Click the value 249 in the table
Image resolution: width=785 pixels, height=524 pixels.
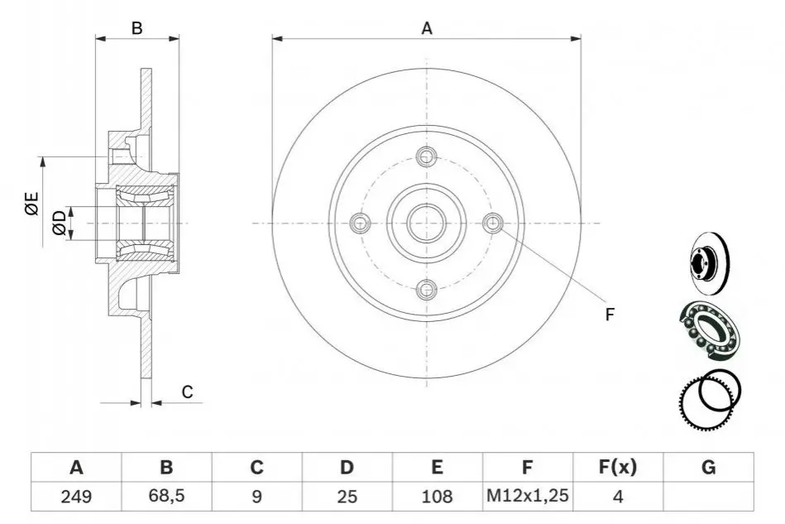[76, 497]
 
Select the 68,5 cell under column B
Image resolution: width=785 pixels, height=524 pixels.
[166, 496]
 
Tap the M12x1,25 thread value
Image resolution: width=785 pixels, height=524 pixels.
[528, 496]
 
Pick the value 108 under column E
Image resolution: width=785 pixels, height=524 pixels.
[437, 497]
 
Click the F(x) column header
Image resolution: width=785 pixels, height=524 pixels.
[618, 467]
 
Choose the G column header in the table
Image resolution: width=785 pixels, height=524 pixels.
[708, 467]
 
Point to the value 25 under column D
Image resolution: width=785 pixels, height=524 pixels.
[347, 497]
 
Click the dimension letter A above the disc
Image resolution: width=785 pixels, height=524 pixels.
[427, 28]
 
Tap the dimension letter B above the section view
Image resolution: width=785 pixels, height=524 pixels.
[136, 28]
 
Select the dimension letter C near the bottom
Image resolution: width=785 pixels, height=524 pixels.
[187, 392]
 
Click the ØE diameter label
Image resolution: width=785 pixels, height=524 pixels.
[32, 204]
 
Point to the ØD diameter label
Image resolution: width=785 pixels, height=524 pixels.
[59, 223]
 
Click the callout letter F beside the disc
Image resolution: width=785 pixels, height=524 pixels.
[610, 315]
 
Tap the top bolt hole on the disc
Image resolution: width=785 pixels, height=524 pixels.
[427, 156]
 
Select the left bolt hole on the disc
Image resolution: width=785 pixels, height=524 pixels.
[360, 223]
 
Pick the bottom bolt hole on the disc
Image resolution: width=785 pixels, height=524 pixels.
[427, 289]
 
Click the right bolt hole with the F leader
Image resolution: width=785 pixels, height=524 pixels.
[493, 223]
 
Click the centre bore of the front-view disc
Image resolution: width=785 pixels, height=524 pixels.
[427, 223]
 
